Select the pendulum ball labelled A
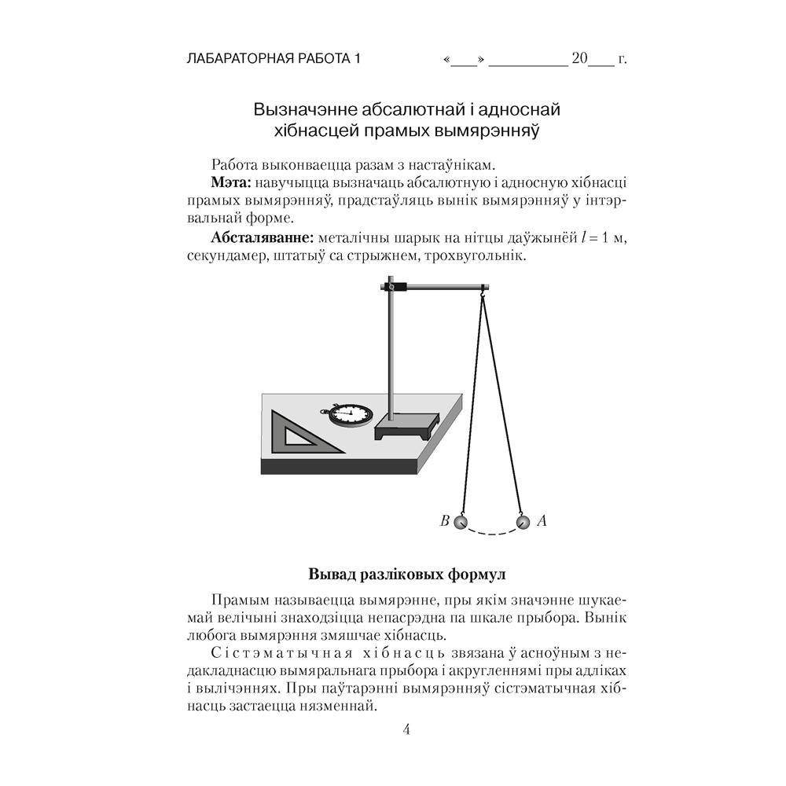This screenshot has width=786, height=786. (x=522, y=520)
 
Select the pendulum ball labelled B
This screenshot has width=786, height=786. (x=461, y=521)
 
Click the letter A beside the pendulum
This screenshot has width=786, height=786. (x=541, y=520)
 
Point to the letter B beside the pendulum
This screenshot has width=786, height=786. (x=444, y=520)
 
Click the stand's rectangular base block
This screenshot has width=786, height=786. (x=406, y=427)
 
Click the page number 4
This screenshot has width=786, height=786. (x=406, y=729)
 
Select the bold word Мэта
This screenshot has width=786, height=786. (x=231, y=182)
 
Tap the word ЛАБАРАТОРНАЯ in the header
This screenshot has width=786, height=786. (x=235, y=59)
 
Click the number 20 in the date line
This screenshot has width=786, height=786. (x=580, y=59)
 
